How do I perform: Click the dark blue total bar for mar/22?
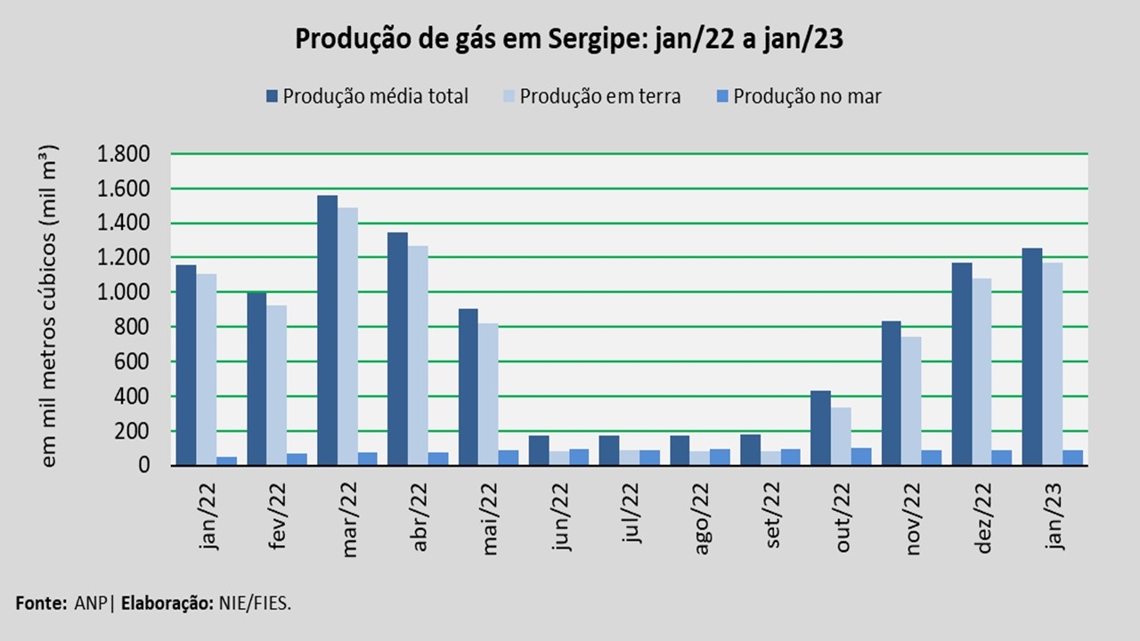pyautogui.click(x=327, y=329)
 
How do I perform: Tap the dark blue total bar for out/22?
pyautogui.click(x=820, y=427)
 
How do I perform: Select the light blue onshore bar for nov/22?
pyautogui.click(x=912, y=401)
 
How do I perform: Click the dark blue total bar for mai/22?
pyautogui.click(x=468, y=386)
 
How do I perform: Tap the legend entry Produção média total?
pyautogui.click(x=367, y=96)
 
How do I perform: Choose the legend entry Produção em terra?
pyautogui.click(x=591, y=96)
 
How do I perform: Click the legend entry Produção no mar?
pyautogui.click(x=799, y=96)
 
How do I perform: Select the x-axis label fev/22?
pyautogui.click(x=278, y=516)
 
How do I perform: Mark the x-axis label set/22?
pyautogui.click(x=772, y=516)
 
